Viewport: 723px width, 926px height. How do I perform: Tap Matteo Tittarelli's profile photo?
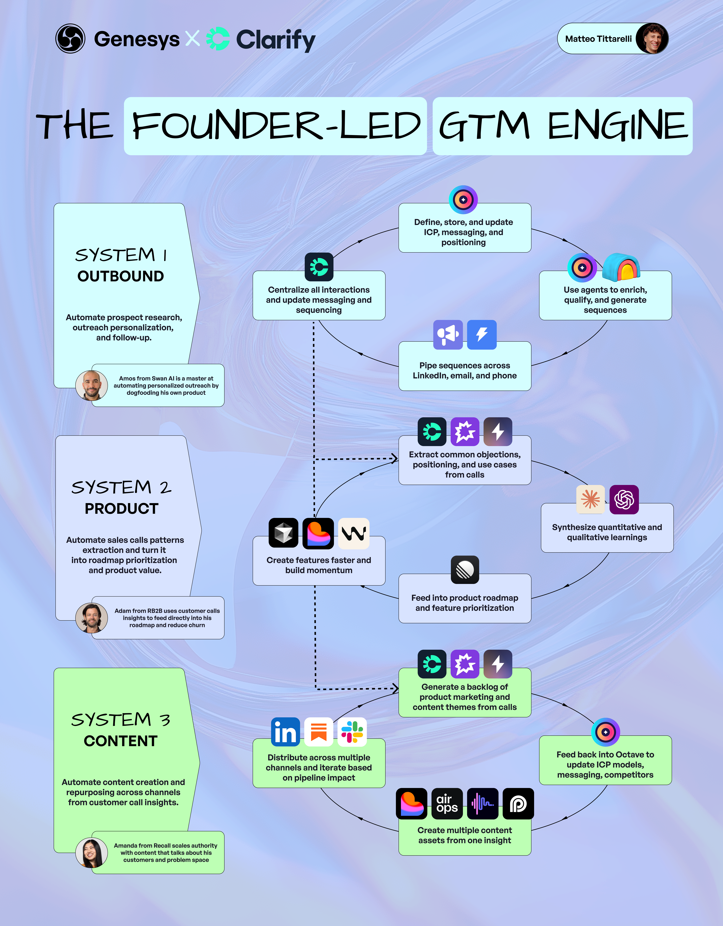[654, 39]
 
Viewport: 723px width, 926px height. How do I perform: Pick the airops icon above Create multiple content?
[447, 803]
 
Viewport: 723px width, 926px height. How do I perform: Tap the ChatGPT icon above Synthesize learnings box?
[624, 500]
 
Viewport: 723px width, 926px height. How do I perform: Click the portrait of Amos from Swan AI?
[91, 385]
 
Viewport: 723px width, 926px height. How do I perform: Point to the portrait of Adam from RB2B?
[91, 618]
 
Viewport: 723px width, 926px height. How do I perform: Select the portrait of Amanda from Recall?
[91, 853]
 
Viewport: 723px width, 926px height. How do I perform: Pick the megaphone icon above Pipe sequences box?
[448, 334]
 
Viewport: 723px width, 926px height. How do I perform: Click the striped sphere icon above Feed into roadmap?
[465, 570]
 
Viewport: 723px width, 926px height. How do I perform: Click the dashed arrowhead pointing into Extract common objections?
[394, 458]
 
